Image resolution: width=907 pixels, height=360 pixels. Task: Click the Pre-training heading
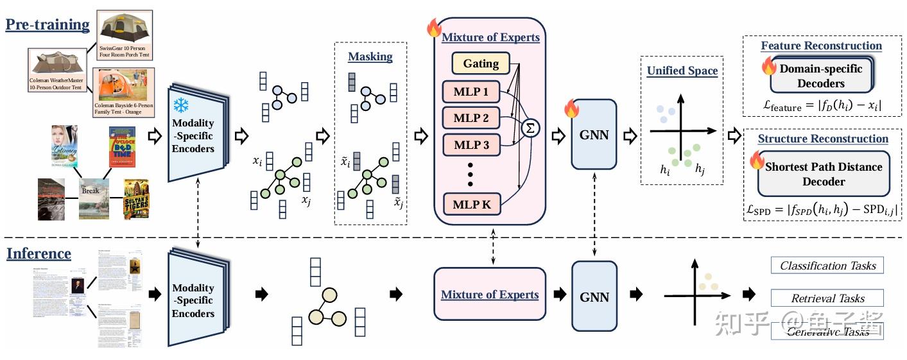pyautogui.click(x=48, y=25)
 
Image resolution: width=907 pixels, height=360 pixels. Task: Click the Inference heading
pyautogui.click(x=39, y=253)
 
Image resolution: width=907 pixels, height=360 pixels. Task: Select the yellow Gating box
pyautogui.click(x=481, y=63)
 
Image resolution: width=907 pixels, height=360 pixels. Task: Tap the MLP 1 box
pyautogui.click(x=471, y=92)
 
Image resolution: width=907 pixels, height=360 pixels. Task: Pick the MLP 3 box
pyautogui.click(x=471, y=146)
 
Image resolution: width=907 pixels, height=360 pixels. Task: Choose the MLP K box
pyautogui.click(x=471, y=204)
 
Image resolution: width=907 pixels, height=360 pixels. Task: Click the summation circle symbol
pyautogui.click(x=530, y=128)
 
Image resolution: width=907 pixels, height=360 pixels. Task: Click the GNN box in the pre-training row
pyautogui.click(x=594, y=135)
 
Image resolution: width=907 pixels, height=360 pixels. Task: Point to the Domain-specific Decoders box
pyautogui.click(x=821, y=76)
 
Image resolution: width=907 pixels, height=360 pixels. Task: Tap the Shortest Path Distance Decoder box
pyautogui.click(x=824, y=174)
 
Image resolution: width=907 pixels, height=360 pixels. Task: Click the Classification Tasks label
pyautogui.click(x=827, y=266)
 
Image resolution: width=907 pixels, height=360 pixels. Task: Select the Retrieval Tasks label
pyautogui.click(x=827, y=298)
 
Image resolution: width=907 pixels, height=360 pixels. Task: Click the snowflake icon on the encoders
pyautogui.click(x=181, y=105)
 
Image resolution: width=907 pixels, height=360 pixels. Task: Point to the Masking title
pyautogui.click(x=370, y=57)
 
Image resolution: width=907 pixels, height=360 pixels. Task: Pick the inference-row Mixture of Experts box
pyautogui.click(x=490, y=295)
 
